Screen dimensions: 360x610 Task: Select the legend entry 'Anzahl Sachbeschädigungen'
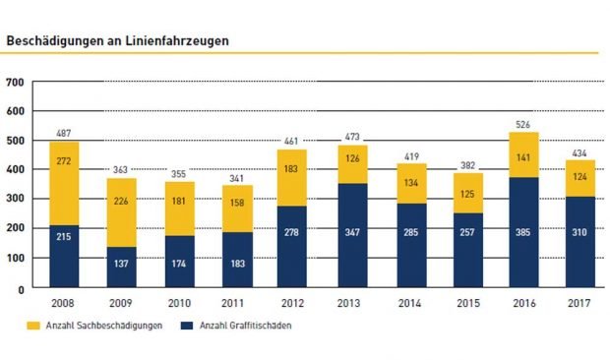(91, 325)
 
